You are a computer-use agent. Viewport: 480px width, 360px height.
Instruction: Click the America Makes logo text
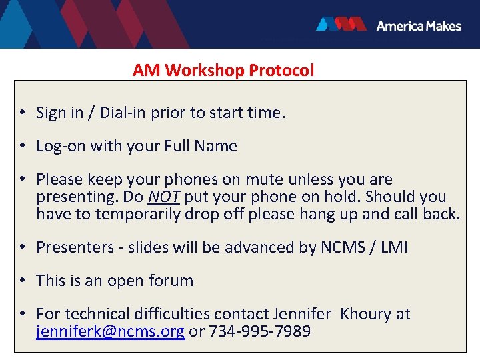[x=418, y=25]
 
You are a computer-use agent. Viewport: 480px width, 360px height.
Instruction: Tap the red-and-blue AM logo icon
[x=341, y=25]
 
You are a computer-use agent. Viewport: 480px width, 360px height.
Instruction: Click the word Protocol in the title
[x=281, y=70]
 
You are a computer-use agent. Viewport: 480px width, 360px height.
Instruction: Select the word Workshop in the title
[x=205, y=70]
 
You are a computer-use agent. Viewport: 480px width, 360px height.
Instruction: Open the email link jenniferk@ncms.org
[x=110, y=331]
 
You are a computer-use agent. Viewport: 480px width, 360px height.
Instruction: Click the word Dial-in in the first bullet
[x=123, y=113]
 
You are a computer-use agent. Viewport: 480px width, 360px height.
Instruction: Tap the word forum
[x=172, y=281]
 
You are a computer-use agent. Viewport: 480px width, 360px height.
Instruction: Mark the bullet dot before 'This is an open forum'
[x=23, y=281]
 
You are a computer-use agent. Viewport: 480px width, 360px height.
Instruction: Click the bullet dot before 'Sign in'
[x=23, y=113]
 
